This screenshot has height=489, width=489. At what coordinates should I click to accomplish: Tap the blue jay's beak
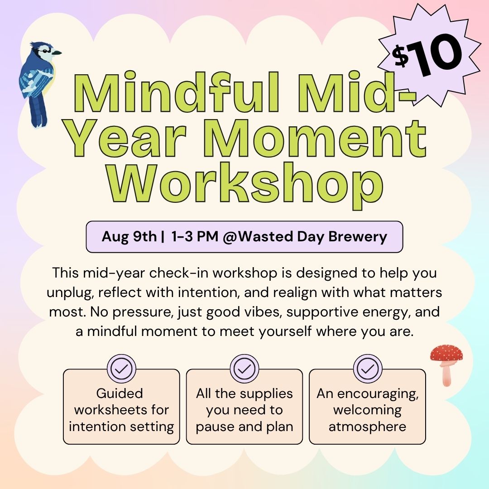(57, 53)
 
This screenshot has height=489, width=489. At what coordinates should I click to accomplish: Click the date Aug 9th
(129, 236)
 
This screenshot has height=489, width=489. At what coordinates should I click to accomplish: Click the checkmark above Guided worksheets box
(121, 369)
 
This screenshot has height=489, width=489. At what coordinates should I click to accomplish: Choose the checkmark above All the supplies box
(244, 369)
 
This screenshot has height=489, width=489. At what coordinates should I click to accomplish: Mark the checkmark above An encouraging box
(368, 369)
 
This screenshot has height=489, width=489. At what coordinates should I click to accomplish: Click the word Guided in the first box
(120, 393)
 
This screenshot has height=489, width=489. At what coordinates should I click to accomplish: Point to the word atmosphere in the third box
(367, 427)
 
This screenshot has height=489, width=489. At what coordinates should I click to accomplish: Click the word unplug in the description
(70, 293)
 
